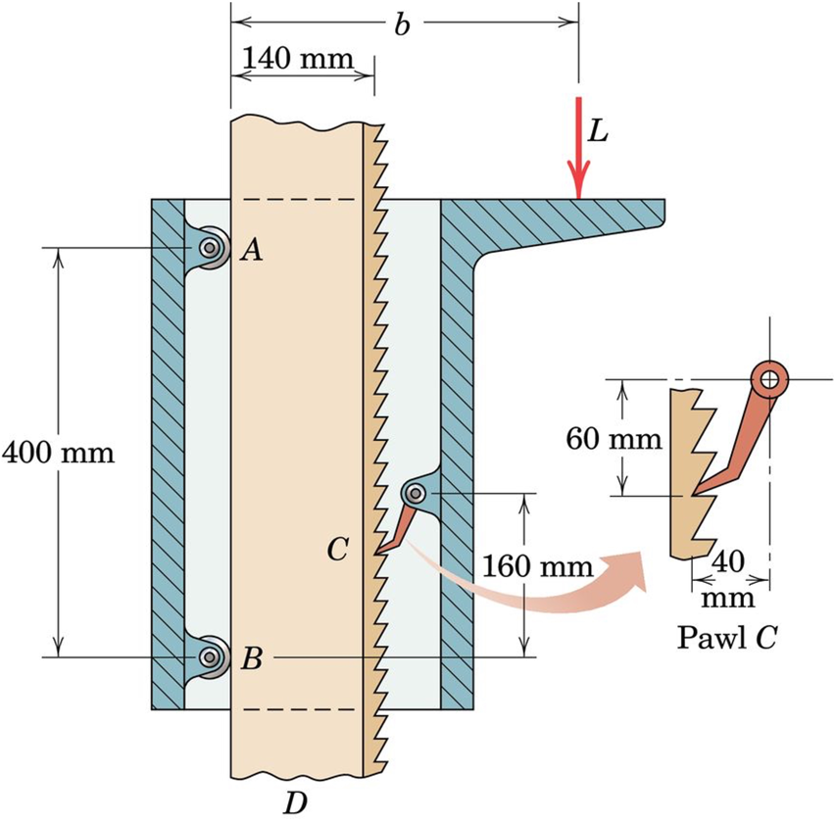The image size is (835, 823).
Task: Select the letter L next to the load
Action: [x=600, y=130]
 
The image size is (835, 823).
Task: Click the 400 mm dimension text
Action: [x=58, y=453]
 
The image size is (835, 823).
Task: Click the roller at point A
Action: [x=211, y=248]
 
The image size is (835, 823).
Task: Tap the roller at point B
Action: [x=211, y=656]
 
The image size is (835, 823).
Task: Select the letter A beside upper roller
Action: [x=252, y=252]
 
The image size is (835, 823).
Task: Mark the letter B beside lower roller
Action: [x=252, y=659]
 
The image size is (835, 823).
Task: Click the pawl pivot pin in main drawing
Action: [x=416, y=492]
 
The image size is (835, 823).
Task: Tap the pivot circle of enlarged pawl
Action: [x=771, y=378]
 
